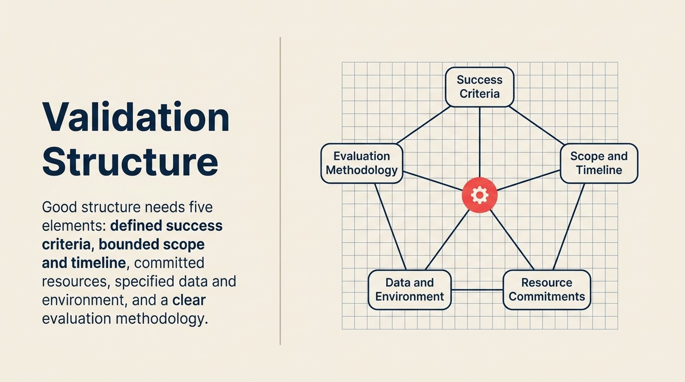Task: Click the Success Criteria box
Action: tap(479, 87)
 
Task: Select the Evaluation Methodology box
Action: tap(362, 164)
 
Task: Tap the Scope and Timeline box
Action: tap(599, 164)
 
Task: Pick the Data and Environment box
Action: tap(409, 290)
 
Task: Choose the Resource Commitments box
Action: tap(547, 290)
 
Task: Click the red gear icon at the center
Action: tap(479, 195)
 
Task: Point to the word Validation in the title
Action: tap(135, 117)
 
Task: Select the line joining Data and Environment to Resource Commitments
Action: tap(477, 290)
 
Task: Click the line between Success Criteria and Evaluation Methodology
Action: tap(423, 125)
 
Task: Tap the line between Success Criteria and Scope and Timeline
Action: tap(537, 125)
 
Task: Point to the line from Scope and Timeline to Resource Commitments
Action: tap(569, 226)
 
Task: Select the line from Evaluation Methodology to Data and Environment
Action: tap(390, 226)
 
